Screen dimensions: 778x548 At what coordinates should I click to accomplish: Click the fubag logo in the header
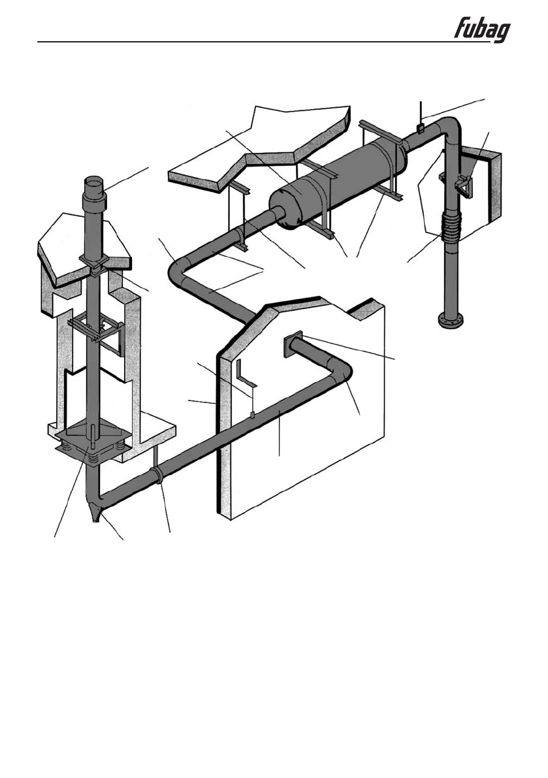coord(482,30)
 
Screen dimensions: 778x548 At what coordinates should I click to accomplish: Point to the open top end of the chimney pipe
coord(92,180)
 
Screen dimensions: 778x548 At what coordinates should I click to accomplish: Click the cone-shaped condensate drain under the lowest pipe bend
coord(97,513)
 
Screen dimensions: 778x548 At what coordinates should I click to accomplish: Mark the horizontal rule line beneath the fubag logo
coord(261,44)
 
